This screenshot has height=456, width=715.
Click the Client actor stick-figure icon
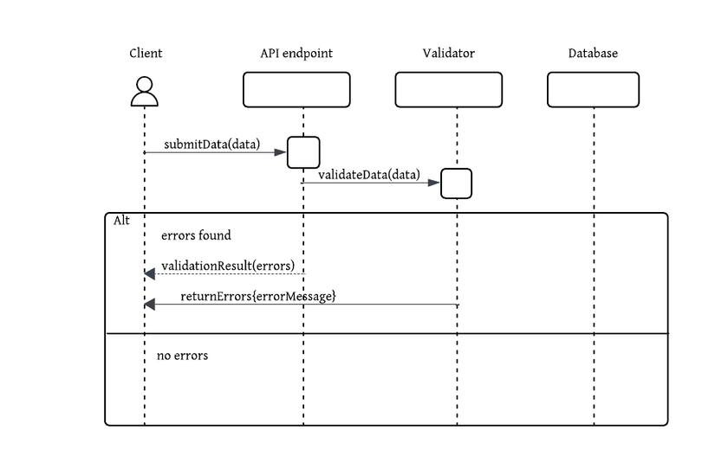(145, 92)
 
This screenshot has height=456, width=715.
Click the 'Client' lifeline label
(146, 54)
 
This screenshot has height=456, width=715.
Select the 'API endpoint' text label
(296, 54)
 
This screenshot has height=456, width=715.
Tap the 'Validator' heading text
(448, 54)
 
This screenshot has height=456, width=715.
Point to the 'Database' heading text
(593, 54)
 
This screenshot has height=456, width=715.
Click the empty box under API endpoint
(296, 90)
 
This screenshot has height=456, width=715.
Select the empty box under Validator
(448, 90)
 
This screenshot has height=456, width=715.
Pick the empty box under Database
(593, 90)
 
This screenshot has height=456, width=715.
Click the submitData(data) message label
(211, 144)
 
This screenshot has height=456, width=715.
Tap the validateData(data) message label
(368, 175)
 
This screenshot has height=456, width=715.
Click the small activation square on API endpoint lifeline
(303, 152)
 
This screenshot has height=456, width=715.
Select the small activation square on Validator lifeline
(456, 183)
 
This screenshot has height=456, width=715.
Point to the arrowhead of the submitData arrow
(281, 152)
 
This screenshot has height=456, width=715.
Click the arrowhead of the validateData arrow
(434, 183)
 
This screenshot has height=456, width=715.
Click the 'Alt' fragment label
(121, 221)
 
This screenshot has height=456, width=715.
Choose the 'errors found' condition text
(196, 235)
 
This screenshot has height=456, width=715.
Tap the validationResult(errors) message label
(228, 265)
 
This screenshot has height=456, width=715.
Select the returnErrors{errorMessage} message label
(258, 296)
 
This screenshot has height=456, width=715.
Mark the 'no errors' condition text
(182, 356)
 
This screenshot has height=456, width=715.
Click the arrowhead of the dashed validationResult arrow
(149, 273)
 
